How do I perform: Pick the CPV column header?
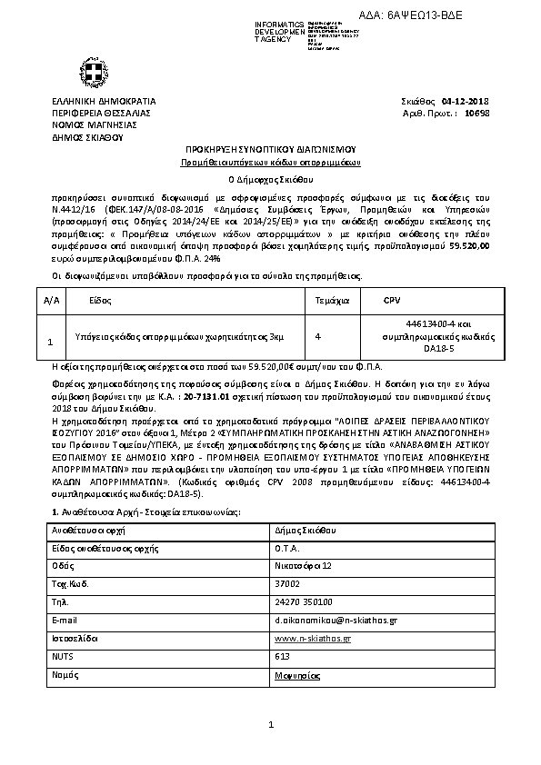point(392,298)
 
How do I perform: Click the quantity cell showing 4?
point(317,336)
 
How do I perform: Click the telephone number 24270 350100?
point(303,601)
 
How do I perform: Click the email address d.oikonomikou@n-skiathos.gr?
point(336,620)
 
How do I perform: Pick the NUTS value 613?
point(282,656)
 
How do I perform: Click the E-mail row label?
point(65,620)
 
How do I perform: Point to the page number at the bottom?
point(271,724)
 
